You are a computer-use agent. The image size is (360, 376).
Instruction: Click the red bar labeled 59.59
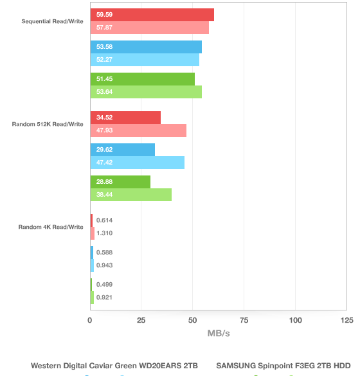tap(152, 15)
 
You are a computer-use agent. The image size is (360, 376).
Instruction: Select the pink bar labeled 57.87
tap(149, 28)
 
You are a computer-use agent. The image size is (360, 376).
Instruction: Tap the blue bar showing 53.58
tap(146, 47)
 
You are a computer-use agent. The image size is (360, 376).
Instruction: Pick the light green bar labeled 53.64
tap(146, 92)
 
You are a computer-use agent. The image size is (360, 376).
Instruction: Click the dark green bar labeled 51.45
tap(143, 79)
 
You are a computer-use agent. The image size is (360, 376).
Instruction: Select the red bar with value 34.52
tap(125, 118)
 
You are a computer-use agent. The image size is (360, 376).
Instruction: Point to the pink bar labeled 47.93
tap(138, 130)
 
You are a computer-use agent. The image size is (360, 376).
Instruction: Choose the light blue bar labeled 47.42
tap(137, 163)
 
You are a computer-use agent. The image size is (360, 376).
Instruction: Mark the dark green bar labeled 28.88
tap(120, 182)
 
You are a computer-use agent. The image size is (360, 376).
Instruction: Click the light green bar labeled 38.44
tap(130, 195)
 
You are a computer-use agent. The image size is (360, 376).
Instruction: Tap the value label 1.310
tap(104, 233)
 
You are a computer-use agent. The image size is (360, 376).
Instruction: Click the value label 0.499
tap(104, 284)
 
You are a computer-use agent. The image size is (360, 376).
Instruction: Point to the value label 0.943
tap(104, 265)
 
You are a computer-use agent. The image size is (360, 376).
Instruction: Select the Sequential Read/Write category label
tap(52, 21)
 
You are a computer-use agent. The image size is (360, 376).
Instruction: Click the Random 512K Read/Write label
tap(48, 124)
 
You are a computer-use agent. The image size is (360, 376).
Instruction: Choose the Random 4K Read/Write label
tap(51, 227)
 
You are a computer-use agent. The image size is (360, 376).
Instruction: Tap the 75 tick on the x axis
tap(244, 320)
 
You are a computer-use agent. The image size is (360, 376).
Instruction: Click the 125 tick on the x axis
tap(346, 320)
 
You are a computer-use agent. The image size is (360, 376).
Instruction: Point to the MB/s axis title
tap(219, 334)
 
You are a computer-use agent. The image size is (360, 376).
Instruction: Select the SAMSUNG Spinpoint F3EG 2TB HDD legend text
tap(283, 366)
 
